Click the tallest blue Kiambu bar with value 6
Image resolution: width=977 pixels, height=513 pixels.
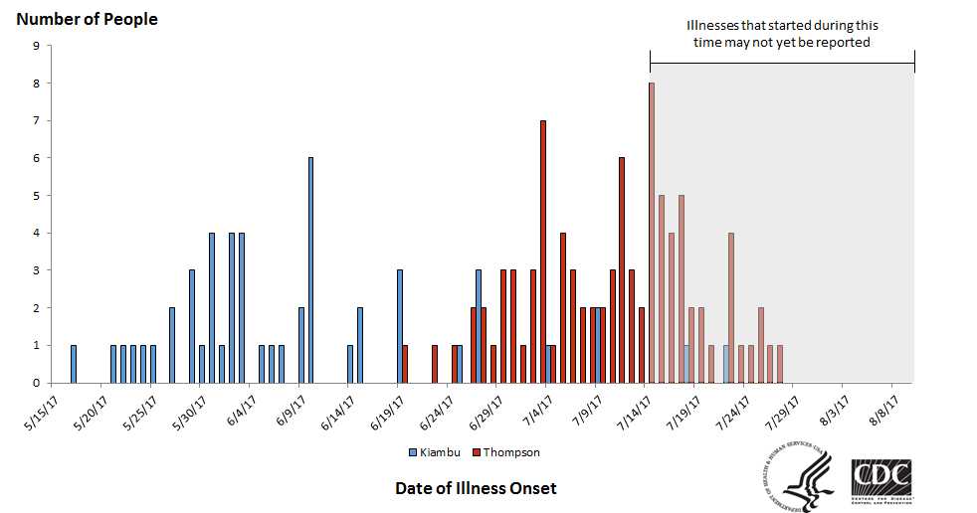[310, 270]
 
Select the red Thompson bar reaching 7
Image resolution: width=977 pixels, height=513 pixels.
[543, 252]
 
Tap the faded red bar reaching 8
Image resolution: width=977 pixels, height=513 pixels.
[652, 233]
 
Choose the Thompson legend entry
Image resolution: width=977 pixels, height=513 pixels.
[506, 452]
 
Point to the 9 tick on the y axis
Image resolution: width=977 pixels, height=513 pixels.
[37, 46]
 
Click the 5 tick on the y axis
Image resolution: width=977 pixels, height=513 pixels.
[37, 196]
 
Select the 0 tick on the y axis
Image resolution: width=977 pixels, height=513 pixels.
[37, 383]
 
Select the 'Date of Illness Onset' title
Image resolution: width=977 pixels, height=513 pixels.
[476, 488]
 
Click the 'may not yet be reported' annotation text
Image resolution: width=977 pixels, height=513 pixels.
[782, 42]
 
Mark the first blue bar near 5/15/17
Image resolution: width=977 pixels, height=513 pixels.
[74, 364]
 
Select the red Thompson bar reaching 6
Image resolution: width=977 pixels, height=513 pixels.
[622, 270]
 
